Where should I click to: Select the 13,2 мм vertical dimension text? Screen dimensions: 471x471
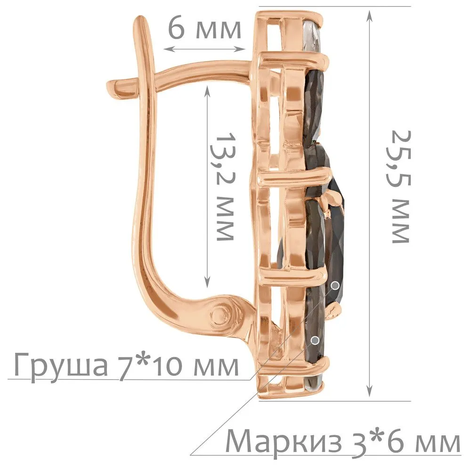click(x=225, y=186)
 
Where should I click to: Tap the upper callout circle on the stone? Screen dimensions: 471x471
click(x=335, y=285)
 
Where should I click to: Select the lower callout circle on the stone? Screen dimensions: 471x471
click(x=315, y=341)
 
